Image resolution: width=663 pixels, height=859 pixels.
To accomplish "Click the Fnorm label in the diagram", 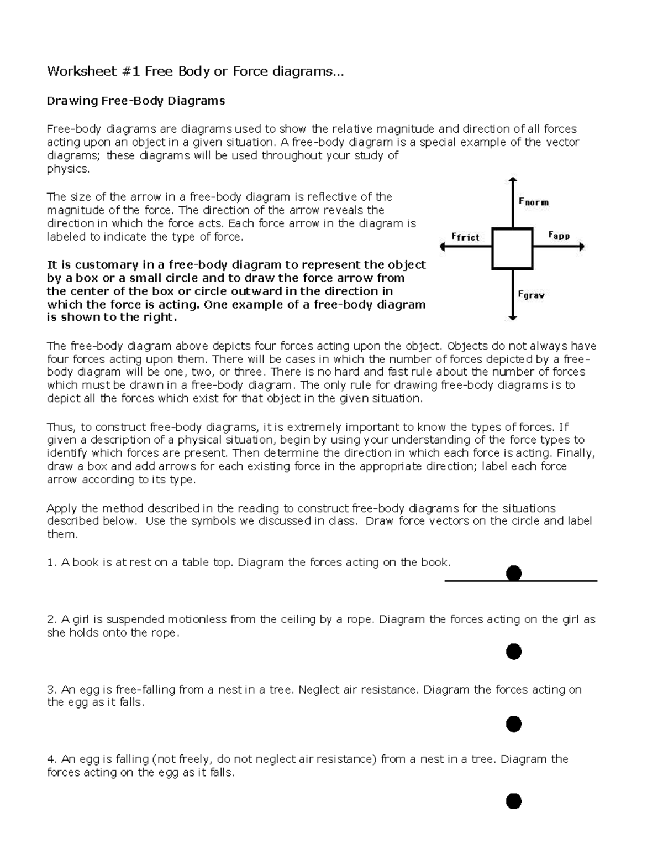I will (x=534, y=202).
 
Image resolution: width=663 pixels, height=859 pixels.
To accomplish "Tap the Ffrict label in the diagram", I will (x=465, y=237).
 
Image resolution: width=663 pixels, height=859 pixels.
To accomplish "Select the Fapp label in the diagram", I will (x=559, y=236).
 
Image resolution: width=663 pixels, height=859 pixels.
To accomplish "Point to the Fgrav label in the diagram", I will (x=531, y=295).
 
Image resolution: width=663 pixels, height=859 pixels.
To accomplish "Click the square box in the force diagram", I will (x=513, y=249).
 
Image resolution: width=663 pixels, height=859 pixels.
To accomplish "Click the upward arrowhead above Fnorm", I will (x=513, y=180).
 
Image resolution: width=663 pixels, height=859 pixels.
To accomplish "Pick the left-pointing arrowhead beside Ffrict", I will (x=442, y=248).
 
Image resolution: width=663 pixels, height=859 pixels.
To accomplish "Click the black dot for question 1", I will (x=514, y=573).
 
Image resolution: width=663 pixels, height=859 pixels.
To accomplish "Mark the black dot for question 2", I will (x=514, y=652).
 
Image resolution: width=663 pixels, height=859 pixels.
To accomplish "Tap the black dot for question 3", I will (x=514, y=723).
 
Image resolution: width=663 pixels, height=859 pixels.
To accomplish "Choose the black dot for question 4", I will (x=514, y=800).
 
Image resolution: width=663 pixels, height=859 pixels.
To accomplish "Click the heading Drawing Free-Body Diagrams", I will (x=136, y=101).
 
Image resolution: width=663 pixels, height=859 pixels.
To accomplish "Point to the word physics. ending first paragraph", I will (x=68, y=169).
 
